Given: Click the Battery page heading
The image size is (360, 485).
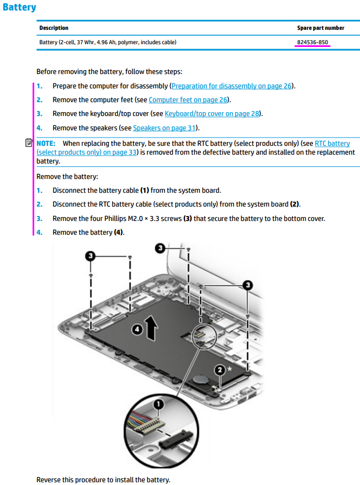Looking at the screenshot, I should tap(19, 8).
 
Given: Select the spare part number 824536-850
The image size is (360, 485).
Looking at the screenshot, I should tap(313, 42).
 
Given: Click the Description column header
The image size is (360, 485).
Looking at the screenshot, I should tap(54, 28).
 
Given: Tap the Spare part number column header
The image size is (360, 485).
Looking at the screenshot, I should tap(320, 28).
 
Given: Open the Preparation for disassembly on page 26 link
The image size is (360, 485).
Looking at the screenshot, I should tap(231, 86).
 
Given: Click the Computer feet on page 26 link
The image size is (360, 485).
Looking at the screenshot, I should tap(188, 100).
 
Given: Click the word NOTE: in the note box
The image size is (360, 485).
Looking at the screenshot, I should tap(46, 144).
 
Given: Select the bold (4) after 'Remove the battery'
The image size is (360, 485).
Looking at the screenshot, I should tap(119, 233).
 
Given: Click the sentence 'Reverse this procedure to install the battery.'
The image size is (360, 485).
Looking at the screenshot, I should tap(103, 479).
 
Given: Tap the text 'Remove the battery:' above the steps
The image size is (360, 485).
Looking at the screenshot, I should tap(67, 177).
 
